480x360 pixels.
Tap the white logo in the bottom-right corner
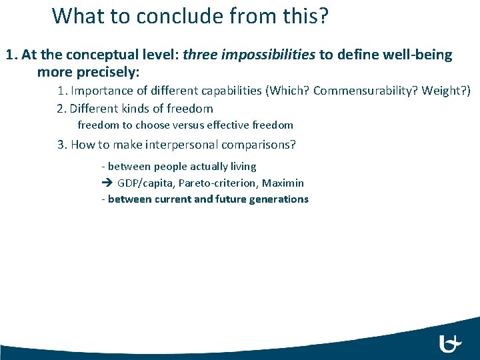coord(451,343)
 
